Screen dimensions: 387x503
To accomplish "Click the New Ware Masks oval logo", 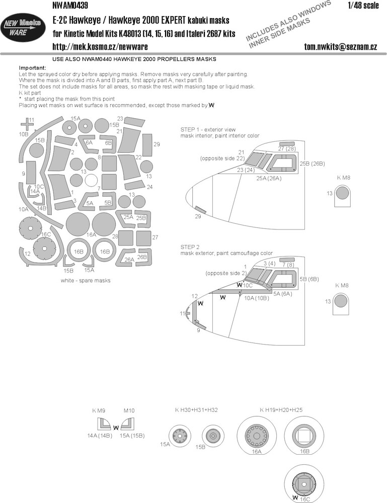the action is [x=23, y=27].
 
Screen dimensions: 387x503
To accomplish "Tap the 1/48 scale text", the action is [x=363, y=5].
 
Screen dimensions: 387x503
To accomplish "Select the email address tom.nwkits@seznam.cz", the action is [x=341, y=47].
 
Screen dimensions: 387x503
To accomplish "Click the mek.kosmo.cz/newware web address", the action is [x=100, y=47].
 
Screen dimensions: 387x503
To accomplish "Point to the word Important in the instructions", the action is [x=32, y=68].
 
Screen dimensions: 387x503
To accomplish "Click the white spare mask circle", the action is [x=91, y=181].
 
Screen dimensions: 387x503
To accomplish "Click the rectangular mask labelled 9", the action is [x=31, y=173].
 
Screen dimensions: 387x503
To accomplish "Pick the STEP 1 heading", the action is [x=208, y=130].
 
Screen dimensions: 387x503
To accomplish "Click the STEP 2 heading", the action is [x=190, y=247].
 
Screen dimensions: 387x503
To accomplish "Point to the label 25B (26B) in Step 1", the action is [x=312, y=163].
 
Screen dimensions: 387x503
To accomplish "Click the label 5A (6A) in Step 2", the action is [x=283, y=294].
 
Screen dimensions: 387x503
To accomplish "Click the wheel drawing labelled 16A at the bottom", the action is [x=256, y=435].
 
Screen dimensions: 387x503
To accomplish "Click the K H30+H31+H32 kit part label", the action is [x=196, y=409].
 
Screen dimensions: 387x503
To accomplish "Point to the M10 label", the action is [x=129, y=410].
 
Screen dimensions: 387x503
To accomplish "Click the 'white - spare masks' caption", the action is [x=86, y=280].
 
